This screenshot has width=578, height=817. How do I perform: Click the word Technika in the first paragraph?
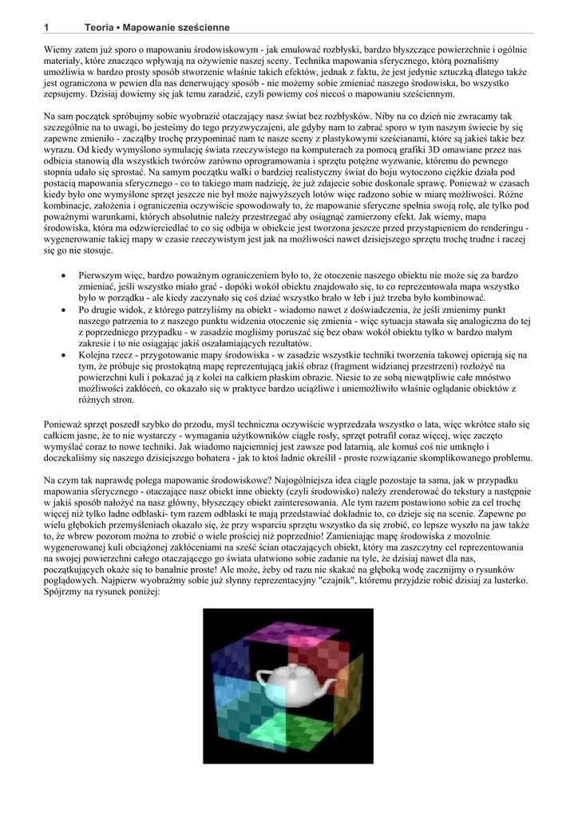[315, 61]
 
